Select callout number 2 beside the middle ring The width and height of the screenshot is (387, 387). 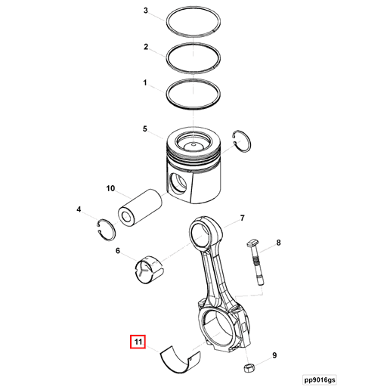pos(146,47)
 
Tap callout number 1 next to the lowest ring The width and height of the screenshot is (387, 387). pos(146,81)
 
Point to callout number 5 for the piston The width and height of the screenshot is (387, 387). pos(146,129)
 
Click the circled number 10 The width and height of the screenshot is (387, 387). pos(110,188)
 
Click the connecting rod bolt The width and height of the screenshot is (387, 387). pos(257,265)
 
